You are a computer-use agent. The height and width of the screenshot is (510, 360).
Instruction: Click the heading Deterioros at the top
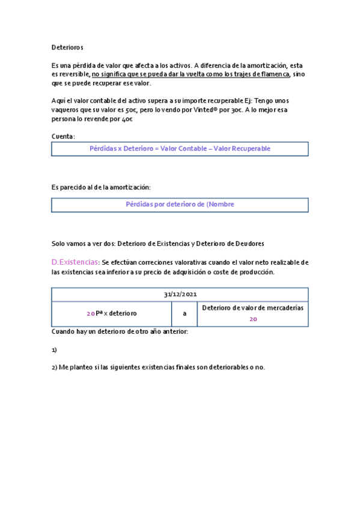click(x=67, y=47)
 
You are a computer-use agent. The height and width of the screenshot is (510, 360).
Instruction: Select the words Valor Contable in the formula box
click(x=185, y=149)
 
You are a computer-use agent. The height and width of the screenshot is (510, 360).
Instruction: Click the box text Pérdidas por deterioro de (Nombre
click(x=180, y=204)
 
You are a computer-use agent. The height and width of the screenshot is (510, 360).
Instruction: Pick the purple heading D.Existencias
click(x=75, y=263)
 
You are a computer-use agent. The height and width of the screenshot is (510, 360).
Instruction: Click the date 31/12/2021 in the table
click(x=180, y=295)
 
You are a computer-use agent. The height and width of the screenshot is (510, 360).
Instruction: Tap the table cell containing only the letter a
click(x=185, y=313)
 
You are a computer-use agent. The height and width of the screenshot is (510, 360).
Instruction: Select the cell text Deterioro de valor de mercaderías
click(x=252, y=308)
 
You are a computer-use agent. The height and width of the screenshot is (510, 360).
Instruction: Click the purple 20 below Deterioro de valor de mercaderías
click(x=253, y=319)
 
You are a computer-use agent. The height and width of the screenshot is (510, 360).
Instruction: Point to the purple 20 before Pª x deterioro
click(x=90, y=314)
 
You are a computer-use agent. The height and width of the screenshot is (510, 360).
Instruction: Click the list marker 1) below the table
click(x=54, y=349)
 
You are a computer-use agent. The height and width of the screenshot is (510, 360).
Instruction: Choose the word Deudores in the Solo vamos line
click(x=248, y=244)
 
